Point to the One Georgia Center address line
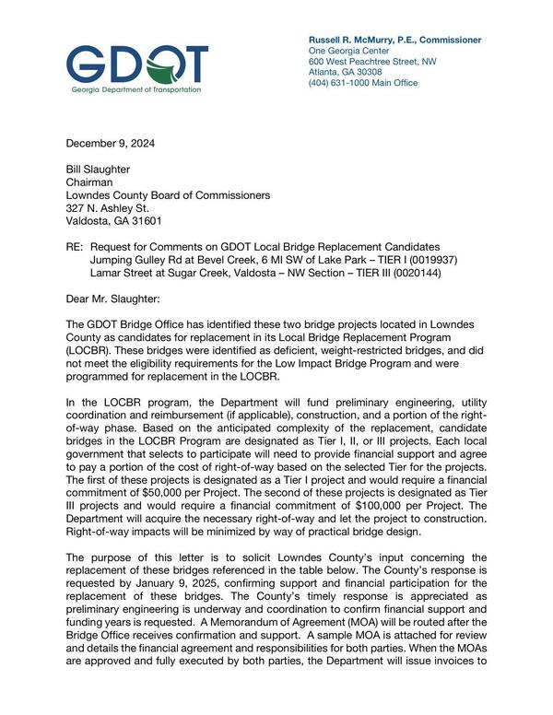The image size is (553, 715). pos(347,52)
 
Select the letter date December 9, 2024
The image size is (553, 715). pos(110,143)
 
